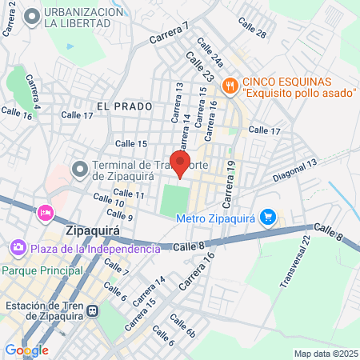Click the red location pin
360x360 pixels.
click(x=180, y=164)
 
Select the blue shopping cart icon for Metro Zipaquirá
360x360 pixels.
click(x=268, y=217)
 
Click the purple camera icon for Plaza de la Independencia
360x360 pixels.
click(x=18, y=249)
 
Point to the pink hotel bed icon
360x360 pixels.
click(x=44, y=213)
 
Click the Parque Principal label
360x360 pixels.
click(x=42, y=270)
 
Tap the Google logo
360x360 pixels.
click(x=26, y=350)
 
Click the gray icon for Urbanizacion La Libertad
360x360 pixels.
click(x=32, y=18)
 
